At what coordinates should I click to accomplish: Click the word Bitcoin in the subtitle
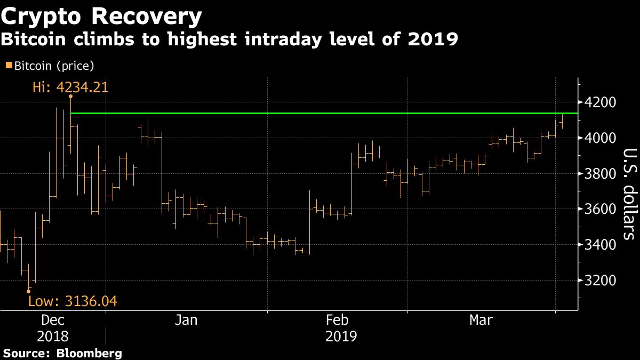click(x=34, y=39)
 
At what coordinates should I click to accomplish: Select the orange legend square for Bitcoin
click(x=7, y=66)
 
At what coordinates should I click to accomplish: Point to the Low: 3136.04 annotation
click(x=73, y=302)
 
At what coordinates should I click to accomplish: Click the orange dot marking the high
click(x=70, y=97)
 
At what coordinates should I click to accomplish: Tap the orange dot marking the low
click(x=28, y=291)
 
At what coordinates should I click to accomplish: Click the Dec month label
click(x=53, y=321)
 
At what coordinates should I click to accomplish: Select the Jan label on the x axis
click(x=187, y=321)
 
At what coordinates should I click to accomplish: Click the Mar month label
click(x=482, y=321)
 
